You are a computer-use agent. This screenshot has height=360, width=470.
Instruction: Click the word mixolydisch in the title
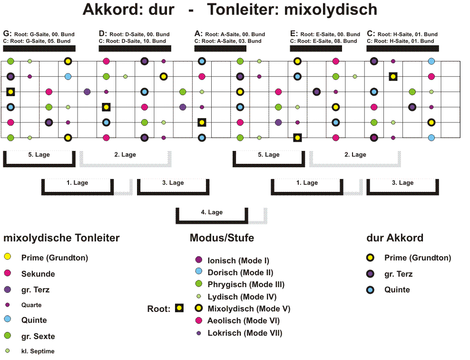[330, 10]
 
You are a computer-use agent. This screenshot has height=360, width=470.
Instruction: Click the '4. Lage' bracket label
[212, 212]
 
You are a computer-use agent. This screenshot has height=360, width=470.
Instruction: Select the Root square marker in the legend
[179, 308]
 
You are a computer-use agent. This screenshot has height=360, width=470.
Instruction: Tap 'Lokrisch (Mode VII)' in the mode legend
[245, 333]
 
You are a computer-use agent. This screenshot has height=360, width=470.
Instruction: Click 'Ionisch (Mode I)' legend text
[238, 260]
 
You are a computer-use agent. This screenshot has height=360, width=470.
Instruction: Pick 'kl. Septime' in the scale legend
[38, 351]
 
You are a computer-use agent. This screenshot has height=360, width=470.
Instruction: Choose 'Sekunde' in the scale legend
[38, 274]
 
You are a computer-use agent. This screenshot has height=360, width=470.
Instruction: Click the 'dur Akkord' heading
[395, 238]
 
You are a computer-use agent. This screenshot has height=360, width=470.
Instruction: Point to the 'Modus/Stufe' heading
[222, 238]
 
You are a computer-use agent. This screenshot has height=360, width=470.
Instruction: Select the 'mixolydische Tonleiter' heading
[61, 238]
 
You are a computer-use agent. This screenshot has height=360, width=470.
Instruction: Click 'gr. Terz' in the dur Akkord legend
[398, 274]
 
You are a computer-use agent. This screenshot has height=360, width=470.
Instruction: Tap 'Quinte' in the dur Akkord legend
[397, 290]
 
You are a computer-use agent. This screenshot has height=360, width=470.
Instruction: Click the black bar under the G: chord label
[39, 48]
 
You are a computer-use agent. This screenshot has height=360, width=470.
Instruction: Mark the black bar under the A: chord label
[220, 48]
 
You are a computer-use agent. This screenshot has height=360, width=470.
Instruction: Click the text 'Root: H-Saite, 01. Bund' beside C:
[407, 34]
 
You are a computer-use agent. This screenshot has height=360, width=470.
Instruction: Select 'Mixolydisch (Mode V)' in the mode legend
[249, 309]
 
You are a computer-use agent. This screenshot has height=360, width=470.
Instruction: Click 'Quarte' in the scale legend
[31, 305]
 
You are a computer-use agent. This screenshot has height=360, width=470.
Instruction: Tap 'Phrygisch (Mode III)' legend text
[246, 284]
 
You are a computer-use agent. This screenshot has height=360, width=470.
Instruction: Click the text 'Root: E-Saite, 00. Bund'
[330, 34]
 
